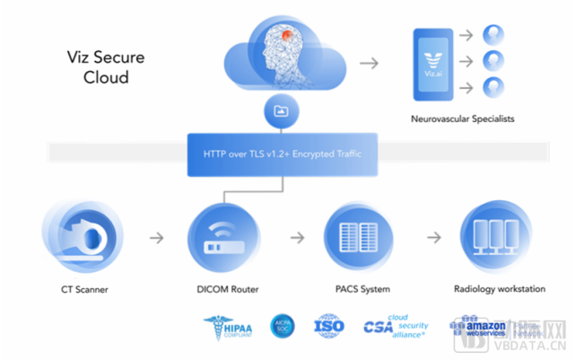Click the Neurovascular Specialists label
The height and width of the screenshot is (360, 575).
[x=462, y=119]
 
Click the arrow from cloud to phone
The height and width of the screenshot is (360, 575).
[x=369, y=63]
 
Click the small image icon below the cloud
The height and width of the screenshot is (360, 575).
[x=279, y=110]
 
